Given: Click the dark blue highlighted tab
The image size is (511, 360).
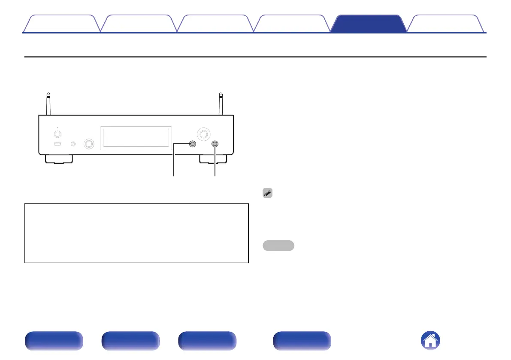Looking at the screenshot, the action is point(369,24).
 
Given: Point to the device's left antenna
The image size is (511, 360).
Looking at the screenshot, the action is point(48,103).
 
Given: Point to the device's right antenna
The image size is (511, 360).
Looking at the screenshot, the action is point(221,103).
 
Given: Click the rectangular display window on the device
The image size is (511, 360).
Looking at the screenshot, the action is point(136,138).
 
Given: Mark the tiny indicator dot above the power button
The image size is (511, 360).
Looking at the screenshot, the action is point(58,127).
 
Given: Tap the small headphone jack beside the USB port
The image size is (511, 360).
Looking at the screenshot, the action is point(73,144).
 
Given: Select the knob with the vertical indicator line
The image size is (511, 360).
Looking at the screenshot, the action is point(89,144).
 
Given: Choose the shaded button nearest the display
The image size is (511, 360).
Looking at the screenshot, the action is point(192,144).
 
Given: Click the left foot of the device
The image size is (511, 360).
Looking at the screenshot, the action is point(58,160).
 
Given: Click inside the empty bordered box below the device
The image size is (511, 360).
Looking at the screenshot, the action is point(136,233).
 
